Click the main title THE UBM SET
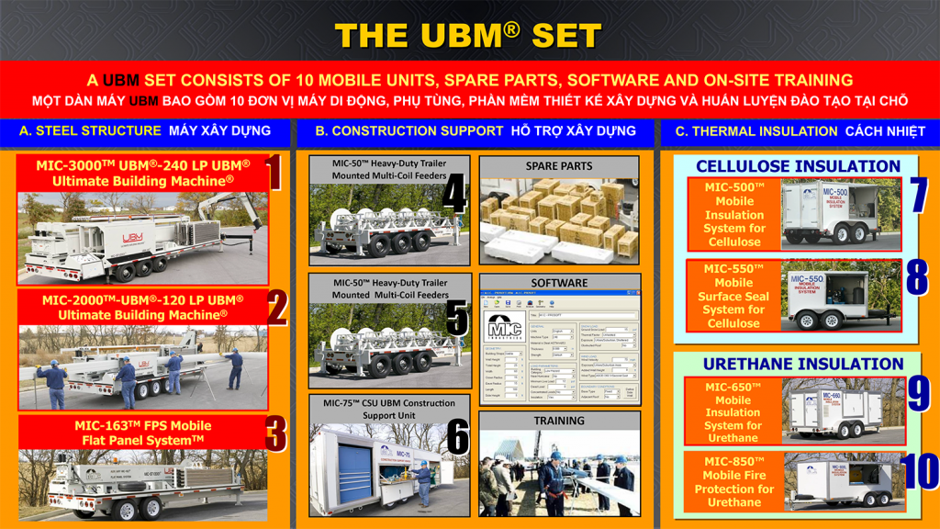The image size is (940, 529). (468, 36)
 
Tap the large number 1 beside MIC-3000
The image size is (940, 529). (272, 173)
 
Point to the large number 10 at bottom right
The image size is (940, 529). (920, 471)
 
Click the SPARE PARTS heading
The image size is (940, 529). (559, 166)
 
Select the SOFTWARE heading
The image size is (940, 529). (559, 283)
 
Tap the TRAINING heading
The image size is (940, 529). (559, 421)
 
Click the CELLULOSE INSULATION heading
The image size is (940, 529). (798, 166)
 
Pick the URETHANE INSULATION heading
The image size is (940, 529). (803, 364)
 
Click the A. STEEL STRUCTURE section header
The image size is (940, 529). (144, 130)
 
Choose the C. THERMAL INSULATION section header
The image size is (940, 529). (800, 130)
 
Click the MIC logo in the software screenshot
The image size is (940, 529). (504, 330)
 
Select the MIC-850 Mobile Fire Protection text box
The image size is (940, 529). (733, 481)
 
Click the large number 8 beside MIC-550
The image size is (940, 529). (916, 278)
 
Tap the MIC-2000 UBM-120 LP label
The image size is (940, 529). (142, 307)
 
